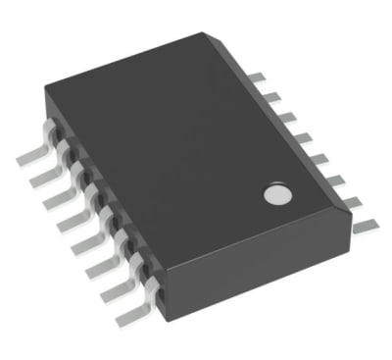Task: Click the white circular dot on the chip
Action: pyautogui.click(x=277, y=194)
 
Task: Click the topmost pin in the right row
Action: pyautogui.click(x=256, y=77)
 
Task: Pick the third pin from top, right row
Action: pyautogui.click(x=285, y=117)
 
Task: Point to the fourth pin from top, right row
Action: pyautogui.click(x=301, y=137)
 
